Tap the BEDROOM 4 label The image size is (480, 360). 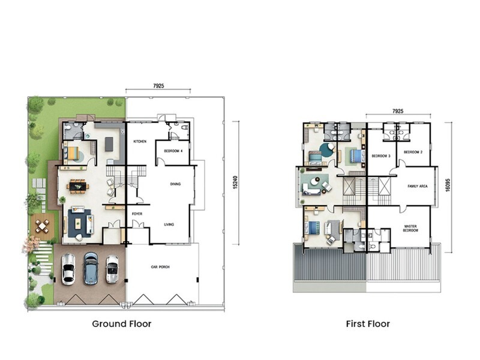[172, 151]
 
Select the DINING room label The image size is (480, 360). [175, 184]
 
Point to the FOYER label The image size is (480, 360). [137, 214]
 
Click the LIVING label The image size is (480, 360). [169, 224]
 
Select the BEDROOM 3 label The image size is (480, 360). [381, 155]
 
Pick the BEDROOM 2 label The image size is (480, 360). [413, 152]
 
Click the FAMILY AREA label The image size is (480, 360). [417, 187]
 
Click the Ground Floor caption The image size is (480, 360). [122, 324]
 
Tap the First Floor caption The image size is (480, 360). [368, 324]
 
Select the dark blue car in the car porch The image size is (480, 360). [91, 268]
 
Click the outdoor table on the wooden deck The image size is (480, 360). [42, 226]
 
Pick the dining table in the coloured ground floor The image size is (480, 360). [78, 186]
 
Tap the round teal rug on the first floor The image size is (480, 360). [327, 149]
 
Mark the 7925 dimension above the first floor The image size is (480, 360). [397, 111]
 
